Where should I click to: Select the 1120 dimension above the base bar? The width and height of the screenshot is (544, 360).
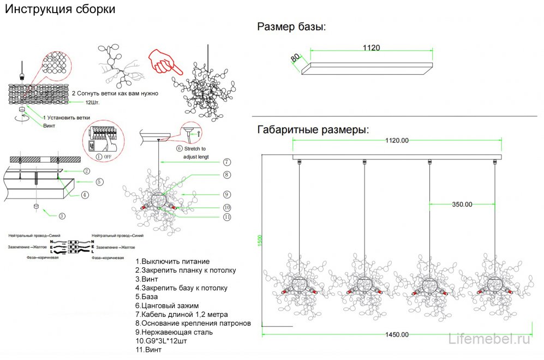[x=371, y=48]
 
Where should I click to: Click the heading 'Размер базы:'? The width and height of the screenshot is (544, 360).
[x=292, y=27]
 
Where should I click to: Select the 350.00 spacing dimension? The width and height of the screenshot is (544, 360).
[x=462, y=205]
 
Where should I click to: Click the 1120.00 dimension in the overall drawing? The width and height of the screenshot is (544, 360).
[x=397, y=141]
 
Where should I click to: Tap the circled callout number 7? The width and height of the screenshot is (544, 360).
[x=226, y=162]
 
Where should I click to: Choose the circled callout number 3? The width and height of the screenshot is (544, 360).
[x=62, y=216]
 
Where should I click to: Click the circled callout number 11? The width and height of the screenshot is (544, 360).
[x=226, y=217]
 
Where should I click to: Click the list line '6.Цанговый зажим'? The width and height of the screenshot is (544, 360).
[x=167, y=305]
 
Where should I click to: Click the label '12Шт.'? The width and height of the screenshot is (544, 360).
[x=92, y=102]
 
